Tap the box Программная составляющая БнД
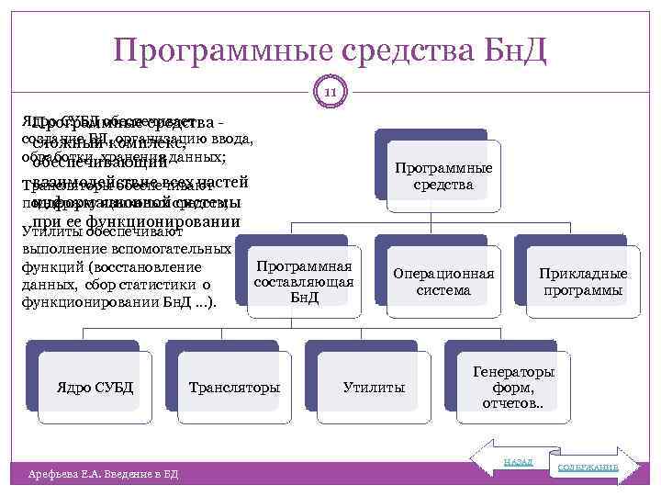tap(304, 282)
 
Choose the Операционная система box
tap(443, 282)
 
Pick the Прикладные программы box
tap(583, 282)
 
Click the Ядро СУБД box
tap(95, 388)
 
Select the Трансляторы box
tap(234, 388)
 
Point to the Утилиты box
tap(374, 388)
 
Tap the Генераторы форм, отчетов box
tap(513, 388)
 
